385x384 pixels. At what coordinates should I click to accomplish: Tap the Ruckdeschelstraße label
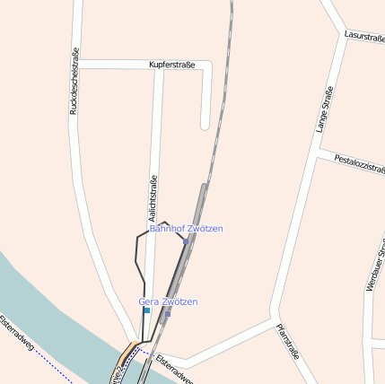(74, 82)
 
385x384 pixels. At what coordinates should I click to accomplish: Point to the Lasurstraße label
(364, 38)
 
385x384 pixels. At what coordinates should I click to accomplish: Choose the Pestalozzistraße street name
(359, 164)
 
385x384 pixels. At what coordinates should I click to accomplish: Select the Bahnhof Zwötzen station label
(186, 229)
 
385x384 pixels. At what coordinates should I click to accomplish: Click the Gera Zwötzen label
(168, 301)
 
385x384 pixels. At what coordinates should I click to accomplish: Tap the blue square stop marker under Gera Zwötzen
(146, 310)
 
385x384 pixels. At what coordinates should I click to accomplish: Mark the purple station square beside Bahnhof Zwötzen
(185, 240)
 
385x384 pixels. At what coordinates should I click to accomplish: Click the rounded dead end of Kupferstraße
(206, 123)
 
